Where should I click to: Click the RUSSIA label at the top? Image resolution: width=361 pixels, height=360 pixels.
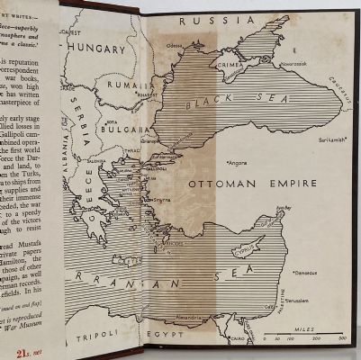[209, 22]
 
